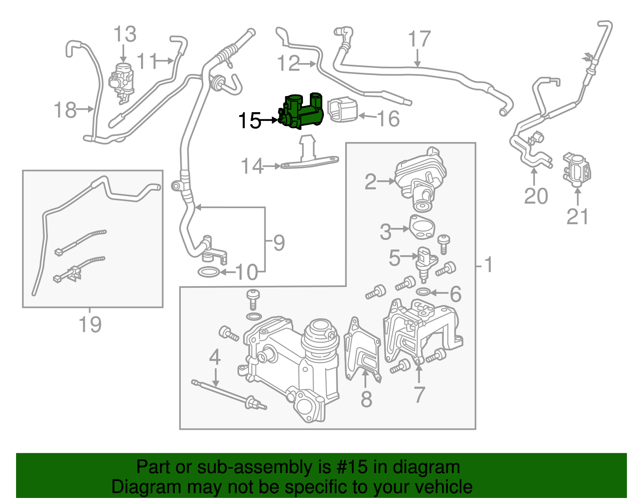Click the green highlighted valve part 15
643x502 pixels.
[x=303, y=112]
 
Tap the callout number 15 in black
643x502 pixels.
[x=250, y=121]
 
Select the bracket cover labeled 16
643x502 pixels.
[x=343, y=110]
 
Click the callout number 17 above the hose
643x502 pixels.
[x=419, y=39]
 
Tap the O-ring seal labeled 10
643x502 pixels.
[x=209, y=272]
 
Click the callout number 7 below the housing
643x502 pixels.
[x=419, y=395]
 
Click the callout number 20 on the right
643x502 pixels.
[x=536, y=197]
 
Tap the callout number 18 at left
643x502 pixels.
[x=65, y=110]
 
